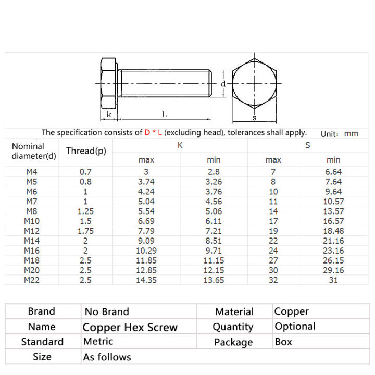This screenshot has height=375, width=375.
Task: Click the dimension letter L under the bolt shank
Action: tap(164, 114)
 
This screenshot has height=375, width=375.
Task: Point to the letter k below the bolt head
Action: tap(108, 114)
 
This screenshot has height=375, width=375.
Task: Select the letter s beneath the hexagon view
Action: tap(254, 118)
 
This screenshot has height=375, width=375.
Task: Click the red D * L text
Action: tap(154, 133)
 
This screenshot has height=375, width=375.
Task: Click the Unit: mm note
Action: tap(339, 134)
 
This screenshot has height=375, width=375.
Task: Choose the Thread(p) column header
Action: tap(86, 151)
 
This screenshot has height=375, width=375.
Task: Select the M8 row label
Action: tap(31, 211)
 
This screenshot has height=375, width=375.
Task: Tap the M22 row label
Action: tap(31, 280)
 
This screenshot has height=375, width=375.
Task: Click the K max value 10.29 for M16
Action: tap(146, 251)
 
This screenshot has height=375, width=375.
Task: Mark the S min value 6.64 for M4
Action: tap(333, 172)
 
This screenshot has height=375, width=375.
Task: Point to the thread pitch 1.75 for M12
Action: tap(85, 231)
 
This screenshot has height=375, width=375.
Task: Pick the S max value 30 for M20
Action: tap(273, 270)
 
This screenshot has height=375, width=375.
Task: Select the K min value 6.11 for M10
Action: tap(214, 221)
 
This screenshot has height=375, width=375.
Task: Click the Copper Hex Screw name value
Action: tap(130, 328)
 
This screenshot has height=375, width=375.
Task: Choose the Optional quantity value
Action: tap(295, 327)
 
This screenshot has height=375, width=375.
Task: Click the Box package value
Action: tap(283, 342)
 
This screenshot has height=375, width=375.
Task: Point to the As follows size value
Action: tap(107, 357)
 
